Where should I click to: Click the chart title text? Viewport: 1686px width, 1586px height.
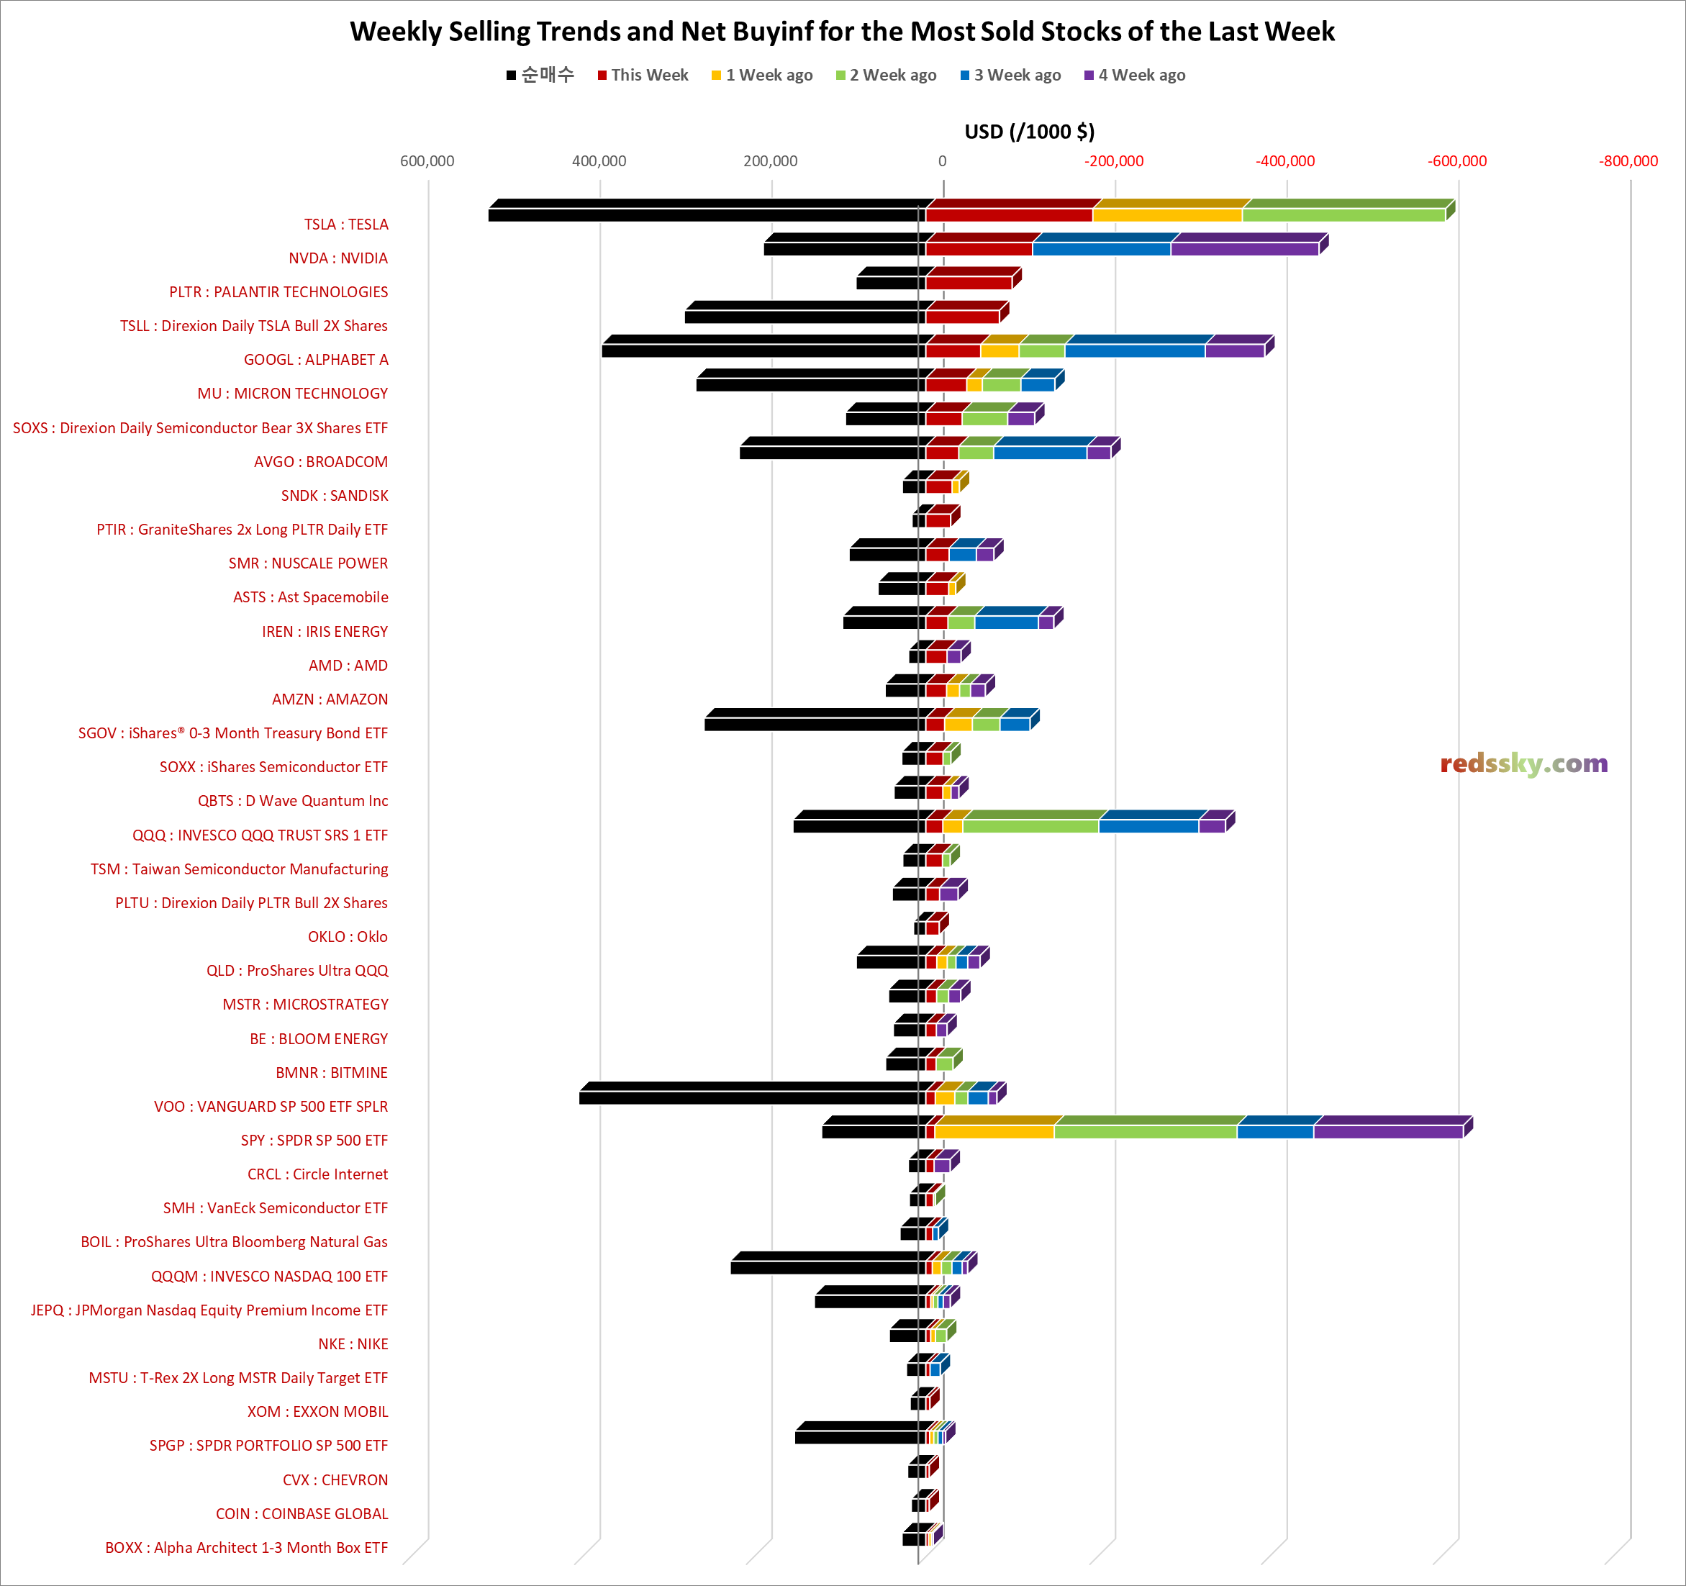[x=842, y=32]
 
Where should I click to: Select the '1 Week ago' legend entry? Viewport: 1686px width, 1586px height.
[x=768, y=76]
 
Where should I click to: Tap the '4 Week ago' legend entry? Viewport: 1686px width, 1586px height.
[x=1141, y=76]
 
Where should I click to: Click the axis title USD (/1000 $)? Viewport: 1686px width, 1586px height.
[x=1029, y=132]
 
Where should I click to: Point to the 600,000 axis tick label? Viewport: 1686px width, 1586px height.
[x=427, y=161]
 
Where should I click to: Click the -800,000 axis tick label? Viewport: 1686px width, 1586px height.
[x=1628, y=161]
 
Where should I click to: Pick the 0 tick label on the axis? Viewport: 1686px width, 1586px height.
[x=941, y=161]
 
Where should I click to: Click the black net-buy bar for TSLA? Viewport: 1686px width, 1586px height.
[x=704, y=214]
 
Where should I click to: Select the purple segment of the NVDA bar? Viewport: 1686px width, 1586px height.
[x=1244, y=248]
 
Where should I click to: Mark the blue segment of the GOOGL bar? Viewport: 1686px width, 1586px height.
[x=1134, y=350]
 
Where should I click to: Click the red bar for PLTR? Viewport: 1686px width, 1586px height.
[x=968, y=282]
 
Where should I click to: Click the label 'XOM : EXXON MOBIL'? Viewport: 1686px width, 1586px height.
[x=317, y=1411]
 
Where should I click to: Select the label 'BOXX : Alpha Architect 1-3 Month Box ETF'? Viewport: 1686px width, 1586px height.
[x=246, y=1547]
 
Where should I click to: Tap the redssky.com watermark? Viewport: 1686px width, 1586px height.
[x=1523, y=763]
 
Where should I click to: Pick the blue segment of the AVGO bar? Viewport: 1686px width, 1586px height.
[x=1040, y=452]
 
